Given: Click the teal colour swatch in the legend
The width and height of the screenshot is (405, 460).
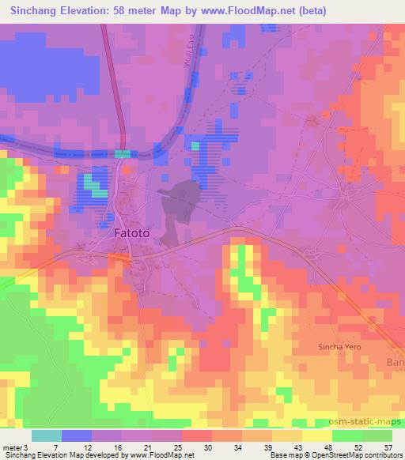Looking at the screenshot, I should point(47,435).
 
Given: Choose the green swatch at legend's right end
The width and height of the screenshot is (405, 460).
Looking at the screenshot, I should point(377,435).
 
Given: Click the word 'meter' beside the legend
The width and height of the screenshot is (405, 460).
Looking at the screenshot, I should point(12,447).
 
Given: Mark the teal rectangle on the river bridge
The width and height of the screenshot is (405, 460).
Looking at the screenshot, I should point(124,154).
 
